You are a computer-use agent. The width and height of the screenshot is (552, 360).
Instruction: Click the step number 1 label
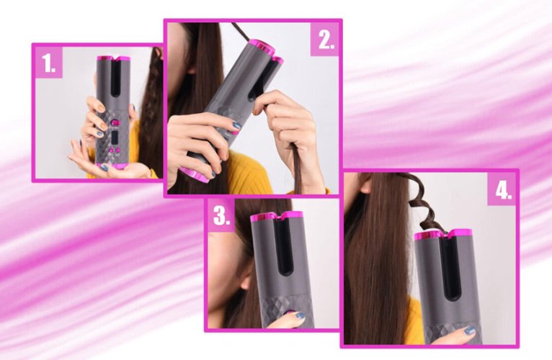(x=48, y=63)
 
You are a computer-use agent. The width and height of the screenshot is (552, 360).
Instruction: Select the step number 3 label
(x=222, y=216)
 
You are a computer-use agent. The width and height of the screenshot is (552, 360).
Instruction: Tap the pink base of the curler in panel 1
(x=112, y=167)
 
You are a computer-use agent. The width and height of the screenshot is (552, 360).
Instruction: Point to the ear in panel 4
(x=365, y=183)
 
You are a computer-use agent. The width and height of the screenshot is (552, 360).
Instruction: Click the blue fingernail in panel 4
(x=469, y=330)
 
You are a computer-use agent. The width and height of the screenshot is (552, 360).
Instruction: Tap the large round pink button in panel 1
(x=115, y=123)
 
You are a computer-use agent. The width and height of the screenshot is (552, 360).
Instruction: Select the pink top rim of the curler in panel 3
(x=277, y=217)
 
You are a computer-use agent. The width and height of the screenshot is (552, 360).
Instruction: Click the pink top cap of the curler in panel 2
(x=261, y=48)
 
